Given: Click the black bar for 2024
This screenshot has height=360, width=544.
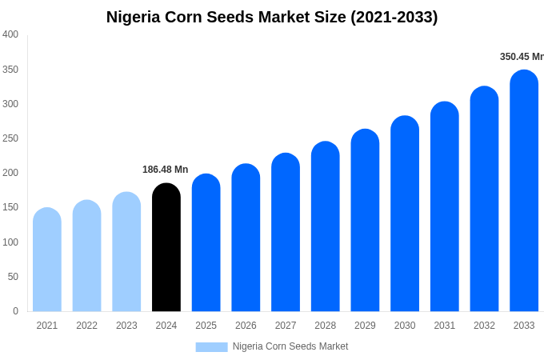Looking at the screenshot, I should click(166, 248).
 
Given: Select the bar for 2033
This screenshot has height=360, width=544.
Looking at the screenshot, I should click(524, 192).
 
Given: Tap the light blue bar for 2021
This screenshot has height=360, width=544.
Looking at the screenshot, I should click(47, 260).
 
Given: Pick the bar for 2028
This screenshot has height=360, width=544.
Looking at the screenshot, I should click(326, 227).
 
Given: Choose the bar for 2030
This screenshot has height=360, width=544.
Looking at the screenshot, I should click(405, 214).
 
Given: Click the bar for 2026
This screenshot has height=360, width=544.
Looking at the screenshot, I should click(246, 238).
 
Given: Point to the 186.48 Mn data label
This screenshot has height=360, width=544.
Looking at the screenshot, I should click(165, 170).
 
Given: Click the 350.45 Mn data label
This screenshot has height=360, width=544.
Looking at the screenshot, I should click(522, 57).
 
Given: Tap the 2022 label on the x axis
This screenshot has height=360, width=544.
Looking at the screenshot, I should click(86, 326).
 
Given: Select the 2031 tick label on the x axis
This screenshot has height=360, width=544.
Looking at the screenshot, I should click(445, 326).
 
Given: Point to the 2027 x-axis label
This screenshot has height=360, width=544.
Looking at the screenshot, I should click(286, 326).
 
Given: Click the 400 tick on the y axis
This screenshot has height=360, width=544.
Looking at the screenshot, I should click(10, 34).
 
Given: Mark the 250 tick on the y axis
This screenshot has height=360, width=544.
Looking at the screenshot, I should click(10, 138).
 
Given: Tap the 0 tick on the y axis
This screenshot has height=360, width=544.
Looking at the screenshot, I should click(15, 311).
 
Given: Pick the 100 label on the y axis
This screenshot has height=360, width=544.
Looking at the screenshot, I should click(10, 242).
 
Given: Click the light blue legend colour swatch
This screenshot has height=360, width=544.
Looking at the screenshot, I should click(211, 346).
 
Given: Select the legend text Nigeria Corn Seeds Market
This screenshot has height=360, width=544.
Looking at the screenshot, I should click(290, 346).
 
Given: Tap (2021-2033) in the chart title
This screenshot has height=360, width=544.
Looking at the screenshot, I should click(394, 17).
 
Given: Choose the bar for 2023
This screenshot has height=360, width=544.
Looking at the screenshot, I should click(126, 252).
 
